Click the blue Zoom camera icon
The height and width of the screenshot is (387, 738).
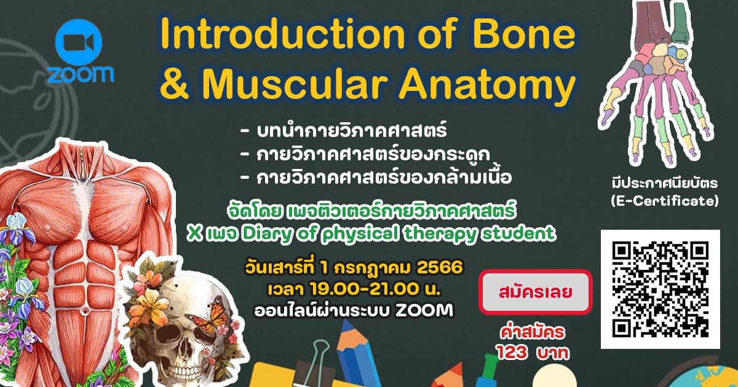(79, 42)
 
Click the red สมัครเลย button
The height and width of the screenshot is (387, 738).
(536, 292)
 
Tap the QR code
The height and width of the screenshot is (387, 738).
(661, 289)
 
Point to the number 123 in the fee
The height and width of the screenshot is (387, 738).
(512, 353)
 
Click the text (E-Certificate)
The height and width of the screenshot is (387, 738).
(665, 201)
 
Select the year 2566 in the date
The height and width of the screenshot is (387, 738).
(440, 268)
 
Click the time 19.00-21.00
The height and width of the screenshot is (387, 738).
(362, 289)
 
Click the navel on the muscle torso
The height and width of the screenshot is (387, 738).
(85, 310)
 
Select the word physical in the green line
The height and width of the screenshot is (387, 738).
(360, 234)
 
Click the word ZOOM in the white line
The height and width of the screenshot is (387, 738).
(424, 311)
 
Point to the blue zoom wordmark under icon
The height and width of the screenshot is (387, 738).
(81, 74)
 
